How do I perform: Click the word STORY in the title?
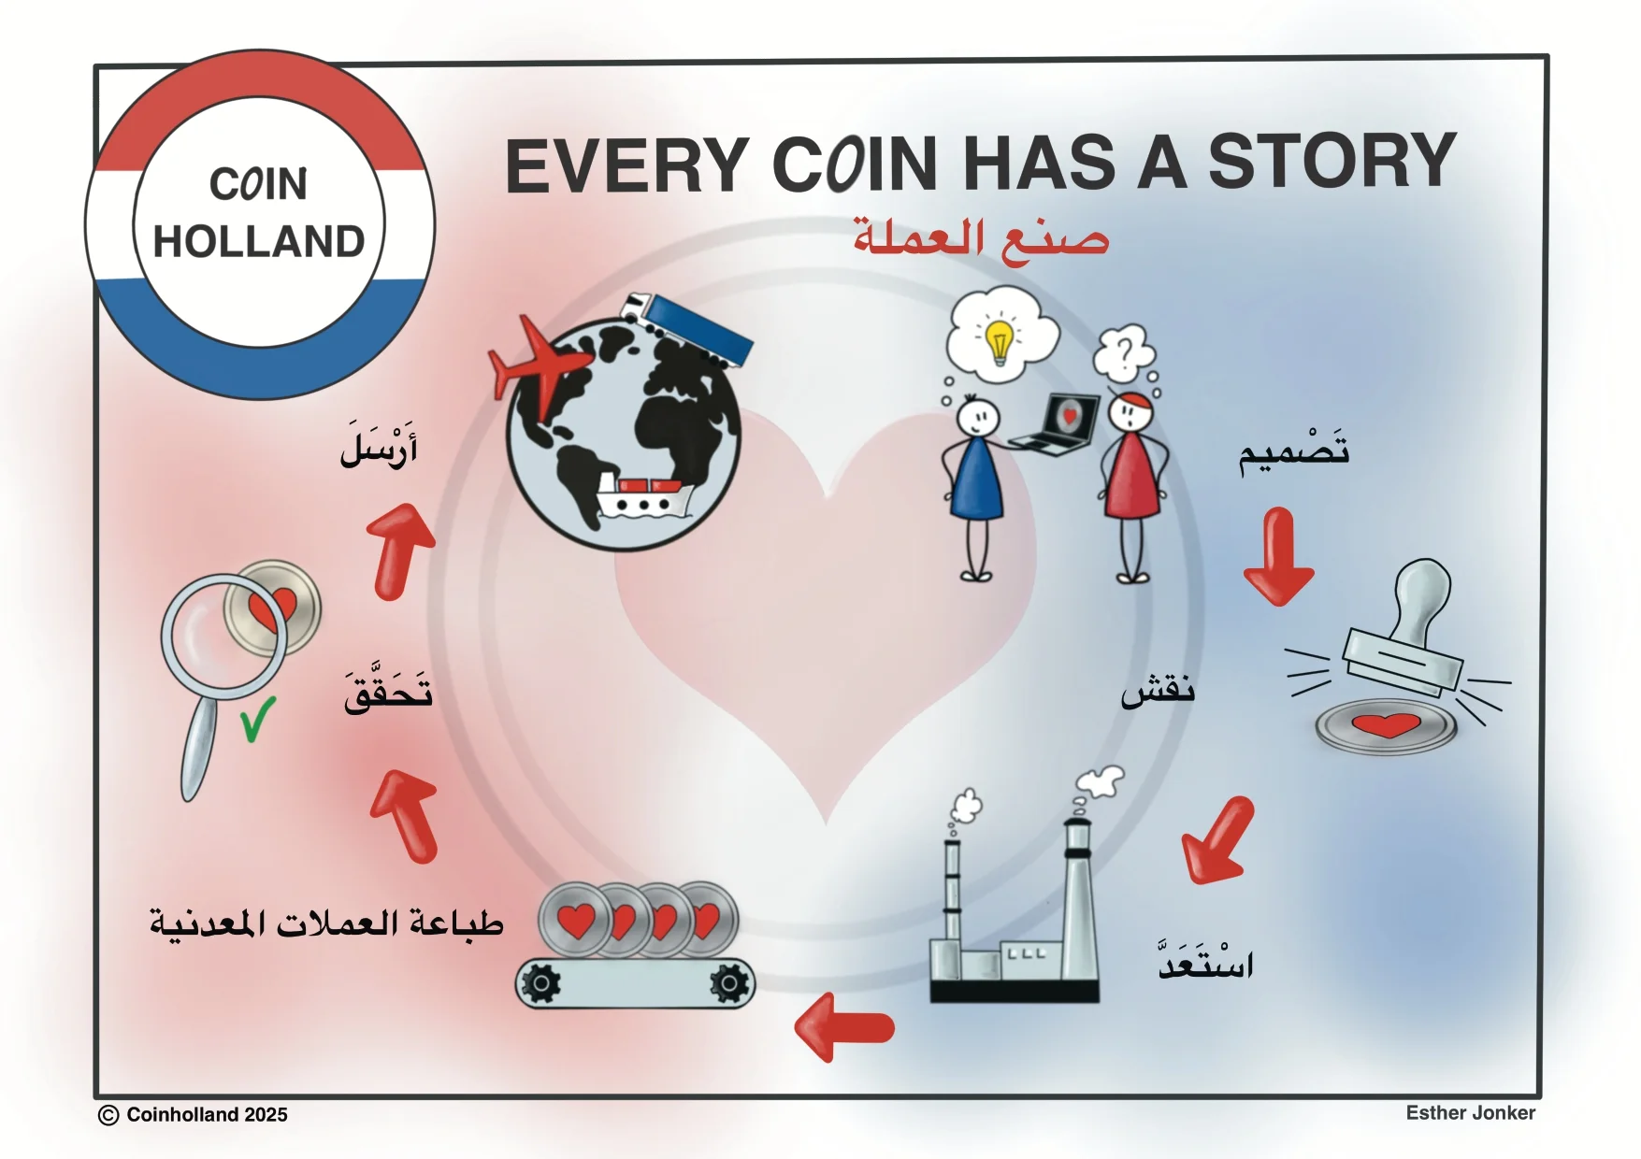click(x=1332, y=161)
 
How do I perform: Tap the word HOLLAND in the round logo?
click(x=259, y=241)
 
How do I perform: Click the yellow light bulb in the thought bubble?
click(x=1000, y=340)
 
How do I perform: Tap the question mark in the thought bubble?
click(x=1125, y=352)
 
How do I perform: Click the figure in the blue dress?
click(x=975, y=487)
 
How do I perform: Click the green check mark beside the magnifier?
click(x=257, y=720)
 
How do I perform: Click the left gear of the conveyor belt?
click(x=541, y=983)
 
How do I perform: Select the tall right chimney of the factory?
click(x=1077, y=897)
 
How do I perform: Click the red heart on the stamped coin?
click(x=1387, y=724)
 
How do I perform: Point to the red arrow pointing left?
click(x=844, y=1027)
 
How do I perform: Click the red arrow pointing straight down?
click(x=1278, y=556)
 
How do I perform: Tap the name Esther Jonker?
click(x=1470, y=1112)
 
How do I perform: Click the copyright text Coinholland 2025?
click(x=194, y=1114)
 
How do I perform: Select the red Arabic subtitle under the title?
click(x=981, y=238)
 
